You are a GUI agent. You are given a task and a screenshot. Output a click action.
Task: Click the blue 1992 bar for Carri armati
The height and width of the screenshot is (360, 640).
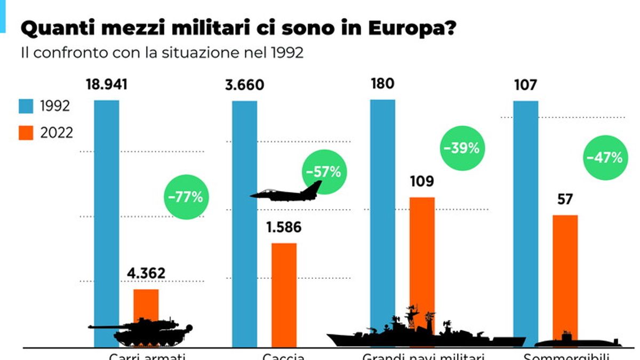(x=106, y=213)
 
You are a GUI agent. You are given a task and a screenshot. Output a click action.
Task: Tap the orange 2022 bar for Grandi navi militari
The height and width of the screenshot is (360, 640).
(x=422, y=256)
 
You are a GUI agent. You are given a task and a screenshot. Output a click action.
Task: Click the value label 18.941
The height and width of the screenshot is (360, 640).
(x=106, y=85)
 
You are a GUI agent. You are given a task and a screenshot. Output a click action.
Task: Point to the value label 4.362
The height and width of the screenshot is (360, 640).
(x=146, y=274)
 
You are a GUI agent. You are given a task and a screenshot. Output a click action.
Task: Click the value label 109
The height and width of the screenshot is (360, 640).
(x=422, y=182)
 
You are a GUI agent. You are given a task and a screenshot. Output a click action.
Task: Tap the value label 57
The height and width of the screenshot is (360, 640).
(x=564, y=199)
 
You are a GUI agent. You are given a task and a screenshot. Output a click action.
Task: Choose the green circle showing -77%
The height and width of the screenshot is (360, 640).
(x=186, y=197)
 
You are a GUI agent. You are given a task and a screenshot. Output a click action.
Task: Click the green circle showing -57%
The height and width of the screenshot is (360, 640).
(x=323, y=172)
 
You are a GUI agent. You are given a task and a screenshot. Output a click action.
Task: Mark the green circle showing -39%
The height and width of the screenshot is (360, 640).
(x=461, y=148)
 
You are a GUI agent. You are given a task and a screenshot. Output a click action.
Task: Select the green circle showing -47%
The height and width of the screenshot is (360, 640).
(x=604, y=158)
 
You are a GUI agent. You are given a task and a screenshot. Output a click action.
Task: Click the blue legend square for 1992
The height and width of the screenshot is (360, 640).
(x=27, y=106)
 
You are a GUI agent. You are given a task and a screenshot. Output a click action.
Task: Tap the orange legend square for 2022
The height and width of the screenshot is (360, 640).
(x=27, y=132)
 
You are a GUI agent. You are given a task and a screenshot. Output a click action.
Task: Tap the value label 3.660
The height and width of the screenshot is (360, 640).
(x=244, y=85)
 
